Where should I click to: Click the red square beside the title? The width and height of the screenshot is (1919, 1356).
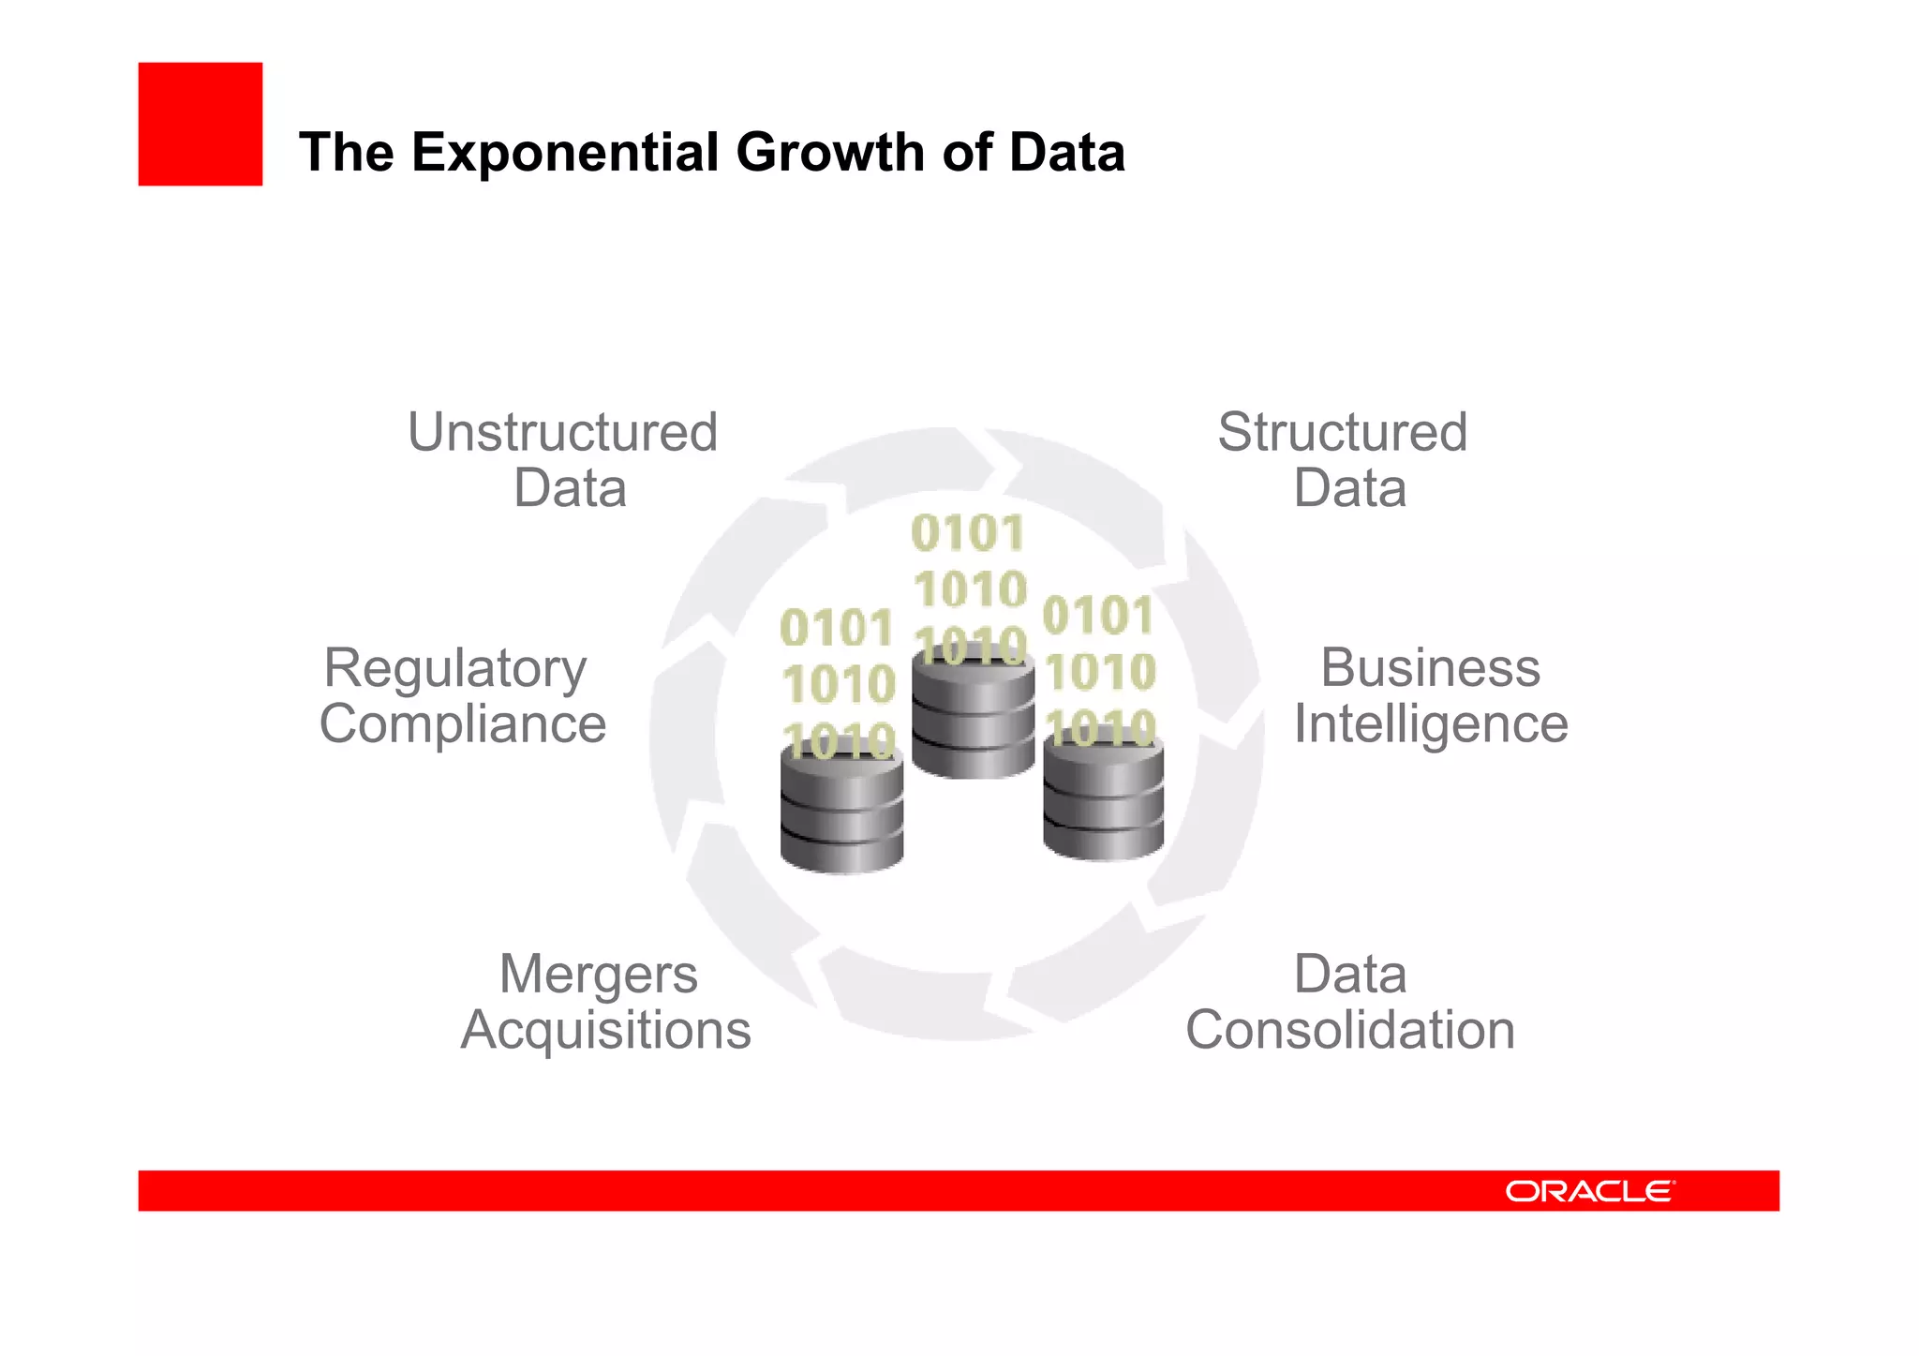click(200, 124)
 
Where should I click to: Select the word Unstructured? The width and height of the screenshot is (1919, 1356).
click(562, 433)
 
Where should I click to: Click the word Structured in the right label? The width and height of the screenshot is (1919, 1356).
click(1342, 433)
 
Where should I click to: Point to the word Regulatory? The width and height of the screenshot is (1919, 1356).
click(455, 669)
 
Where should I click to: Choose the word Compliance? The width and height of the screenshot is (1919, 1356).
click(463, 724)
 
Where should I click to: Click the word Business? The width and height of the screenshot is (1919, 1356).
click(1430, 668)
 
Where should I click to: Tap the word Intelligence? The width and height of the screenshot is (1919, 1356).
click(1431, 724)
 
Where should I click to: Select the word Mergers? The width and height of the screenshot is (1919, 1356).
click(599, 975)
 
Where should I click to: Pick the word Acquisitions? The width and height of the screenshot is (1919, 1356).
click(605, 1030)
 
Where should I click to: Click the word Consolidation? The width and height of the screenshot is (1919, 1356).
click(1350, 1030)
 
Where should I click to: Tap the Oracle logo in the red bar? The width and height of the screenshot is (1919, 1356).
click(1589, 1191)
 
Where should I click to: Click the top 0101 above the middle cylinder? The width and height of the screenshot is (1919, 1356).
click(968, 533)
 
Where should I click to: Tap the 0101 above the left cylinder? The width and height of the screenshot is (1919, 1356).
click(837, 628)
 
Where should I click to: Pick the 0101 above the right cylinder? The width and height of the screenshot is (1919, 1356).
click(1098, 616)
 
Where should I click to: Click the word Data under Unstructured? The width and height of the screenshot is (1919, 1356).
click(570, 488)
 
